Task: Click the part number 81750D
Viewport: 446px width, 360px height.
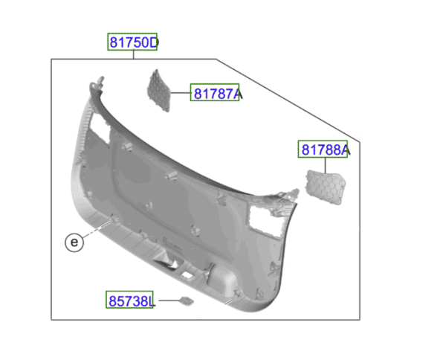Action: (134, 42)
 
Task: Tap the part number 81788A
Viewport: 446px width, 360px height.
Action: (324, 150)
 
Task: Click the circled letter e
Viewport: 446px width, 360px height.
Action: (73, 242)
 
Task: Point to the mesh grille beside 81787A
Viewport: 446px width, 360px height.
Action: (161, 91)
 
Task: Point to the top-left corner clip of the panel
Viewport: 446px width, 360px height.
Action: (98, 80)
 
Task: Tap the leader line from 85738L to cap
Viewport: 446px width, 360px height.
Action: (167, 301)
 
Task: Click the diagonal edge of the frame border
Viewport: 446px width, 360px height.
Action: (290, 100)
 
